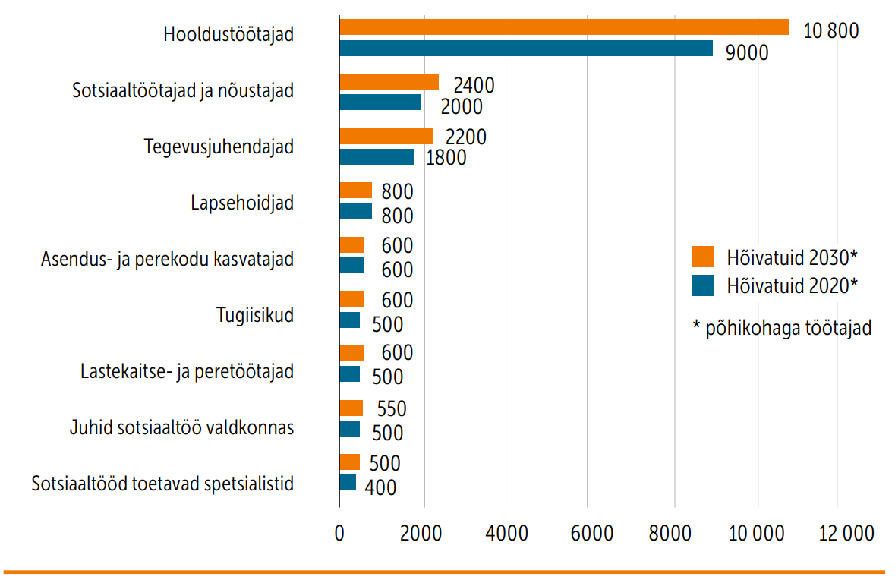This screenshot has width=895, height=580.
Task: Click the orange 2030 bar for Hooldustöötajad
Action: point(563,28)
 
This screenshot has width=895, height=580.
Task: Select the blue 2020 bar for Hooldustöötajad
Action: point(525,49)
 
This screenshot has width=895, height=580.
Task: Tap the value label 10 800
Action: point(830,32)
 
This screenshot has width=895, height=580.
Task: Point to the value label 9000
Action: point(747,53)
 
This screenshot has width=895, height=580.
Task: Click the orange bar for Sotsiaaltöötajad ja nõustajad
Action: point(389,82)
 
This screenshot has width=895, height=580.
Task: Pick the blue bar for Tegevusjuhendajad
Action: point(377,157)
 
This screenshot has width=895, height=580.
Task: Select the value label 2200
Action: point(466,137)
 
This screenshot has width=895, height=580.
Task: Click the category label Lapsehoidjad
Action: point(241,203)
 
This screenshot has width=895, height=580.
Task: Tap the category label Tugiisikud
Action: point(254,315)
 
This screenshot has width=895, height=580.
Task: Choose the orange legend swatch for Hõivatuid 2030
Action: point(704,257)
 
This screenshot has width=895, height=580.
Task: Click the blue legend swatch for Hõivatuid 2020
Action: point(704,285)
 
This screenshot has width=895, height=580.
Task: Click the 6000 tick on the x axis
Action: point(587,533)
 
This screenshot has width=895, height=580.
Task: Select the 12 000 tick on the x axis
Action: point(837,533)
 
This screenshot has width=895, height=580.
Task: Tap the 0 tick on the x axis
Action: point(339,533)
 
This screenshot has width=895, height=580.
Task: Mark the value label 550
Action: point(391,409)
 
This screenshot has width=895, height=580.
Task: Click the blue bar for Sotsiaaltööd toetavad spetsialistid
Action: point(348,483)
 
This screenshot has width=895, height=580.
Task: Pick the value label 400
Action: point(380,487)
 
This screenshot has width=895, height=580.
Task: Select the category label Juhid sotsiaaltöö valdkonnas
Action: point(181,428)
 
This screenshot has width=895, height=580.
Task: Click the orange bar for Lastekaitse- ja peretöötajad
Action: point(351,354)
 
